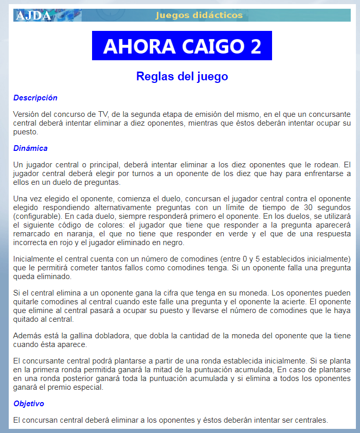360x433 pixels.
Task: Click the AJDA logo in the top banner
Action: [33, 15]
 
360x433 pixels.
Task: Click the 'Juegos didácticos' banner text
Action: [199, 15]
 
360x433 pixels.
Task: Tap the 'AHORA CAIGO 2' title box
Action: [182, 46]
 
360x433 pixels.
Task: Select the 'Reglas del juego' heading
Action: [182, 77]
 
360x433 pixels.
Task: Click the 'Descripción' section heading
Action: [35, 98]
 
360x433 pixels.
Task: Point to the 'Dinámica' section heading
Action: [30, 148]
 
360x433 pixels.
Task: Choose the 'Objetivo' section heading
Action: [29, 404]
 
